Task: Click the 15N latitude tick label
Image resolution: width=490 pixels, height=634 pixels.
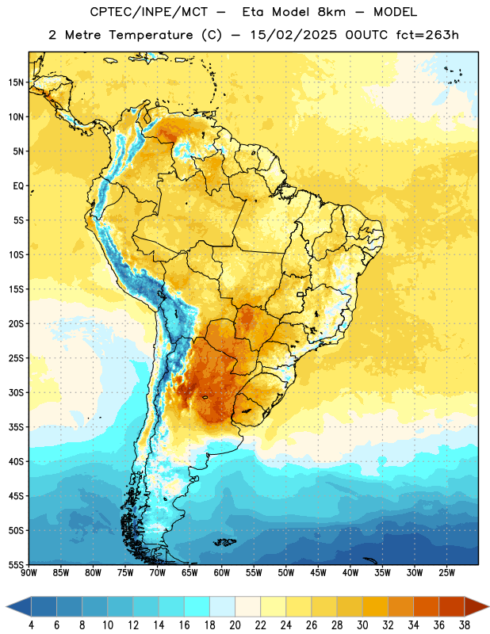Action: [x=16, y=82]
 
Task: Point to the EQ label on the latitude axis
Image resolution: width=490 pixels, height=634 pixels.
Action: [x=18, y=186]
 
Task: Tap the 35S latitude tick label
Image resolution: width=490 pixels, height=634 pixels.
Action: [x=16, y=427]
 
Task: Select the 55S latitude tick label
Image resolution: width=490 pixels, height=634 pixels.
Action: [x=16, y=564]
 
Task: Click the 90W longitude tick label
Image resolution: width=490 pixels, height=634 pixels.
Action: [x=29, y=573]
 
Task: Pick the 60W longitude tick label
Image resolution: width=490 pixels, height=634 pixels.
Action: [x=222, y=573]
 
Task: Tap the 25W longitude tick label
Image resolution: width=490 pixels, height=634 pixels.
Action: [x=446, y=573]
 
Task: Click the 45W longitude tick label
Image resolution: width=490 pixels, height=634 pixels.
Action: [x=319, y=573]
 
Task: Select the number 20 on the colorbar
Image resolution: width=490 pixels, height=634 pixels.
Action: [x=235, y=625]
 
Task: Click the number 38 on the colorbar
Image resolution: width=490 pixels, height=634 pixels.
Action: [x=465, y=625]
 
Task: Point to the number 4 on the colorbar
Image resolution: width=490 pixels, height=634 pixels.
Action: [x=31, y=625]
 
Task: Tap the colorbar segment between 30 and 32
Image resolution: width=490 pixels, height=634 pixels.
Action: [x=375, y=606]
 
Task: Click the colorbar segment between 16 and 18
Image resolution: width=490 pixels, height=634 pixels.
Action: [x=197, y=606]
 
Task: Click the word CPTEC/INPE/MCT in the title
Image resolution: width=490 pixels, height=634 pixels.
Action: [x=149, y=12]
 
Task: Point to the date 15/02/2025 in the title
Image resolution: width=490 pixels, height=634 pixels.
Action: [x=293, y=35]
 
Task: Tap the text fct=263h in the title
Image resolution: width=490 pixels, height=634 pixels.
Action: [x=427, y=35]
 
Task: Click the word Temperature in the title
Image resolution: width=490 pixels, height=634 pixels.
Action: [x=151, y=36]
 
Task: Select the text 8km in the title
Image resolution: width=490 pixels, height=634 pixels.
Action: [x=331, y=12]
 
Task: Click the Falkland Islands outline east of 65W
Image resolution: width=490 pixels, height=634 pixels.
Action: [x=224, y=542]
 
